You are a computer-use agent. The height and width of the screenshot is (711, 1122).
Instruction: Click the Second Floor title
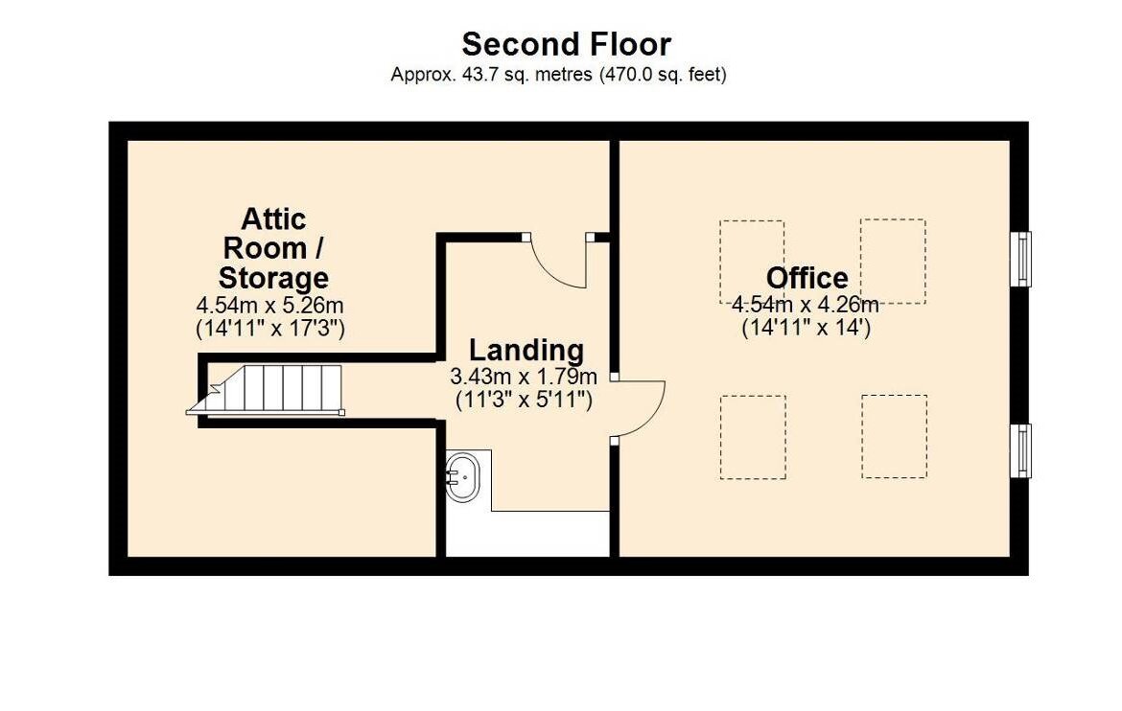point(566,44)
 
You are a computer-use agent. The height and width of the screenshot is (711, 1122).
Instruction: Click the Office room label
point(807,278)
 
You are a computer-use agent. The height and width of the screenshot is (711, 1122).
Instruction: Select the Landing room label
point(526,351)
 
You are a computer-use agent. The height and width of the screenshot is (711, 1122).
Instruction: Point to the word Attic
point(273,218)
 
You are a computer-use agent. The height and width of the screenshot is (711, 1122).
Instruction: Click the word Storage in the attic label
point(273,278)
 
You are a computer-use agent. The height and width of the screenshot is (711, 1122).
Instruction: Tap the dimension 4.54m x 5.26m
point(269,306)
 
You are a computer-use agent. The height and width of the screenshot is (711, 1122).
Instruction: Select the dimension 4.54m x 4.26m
point(805,305)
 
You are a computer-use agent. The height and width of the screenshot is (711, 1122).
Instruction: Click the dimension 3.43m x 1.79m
point(523,377)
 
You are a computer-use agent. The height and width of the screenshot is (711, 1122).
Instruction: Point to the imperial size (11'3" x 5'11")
point(524,400)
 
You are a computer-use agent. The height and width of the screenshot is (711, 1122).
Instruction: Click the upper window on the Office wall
point(1021,258)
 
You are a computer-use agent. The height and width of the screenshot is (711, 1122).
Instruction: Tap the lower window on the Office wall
point(1021,450)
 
